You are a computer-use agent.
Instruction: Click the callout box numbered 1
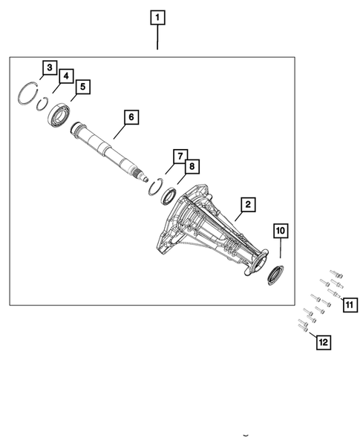(x=157, y=16)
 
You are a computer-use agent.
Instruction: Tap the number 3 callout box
(x=48, y=68)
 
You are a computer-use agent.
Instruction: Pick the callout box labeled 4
(x=65, y=76)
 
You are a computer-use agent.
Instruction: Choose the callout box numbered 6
(x=130, y=117)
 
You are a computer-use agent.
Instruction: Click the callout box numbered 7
(x=180, y=156)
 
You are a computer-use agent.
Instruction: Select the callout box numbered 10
(x=280, y=231)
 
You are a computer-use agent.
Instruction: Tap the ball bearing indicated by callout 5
(x=59, y=116)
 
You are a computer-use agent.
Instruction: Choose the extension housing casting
(x=212, y=226)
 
